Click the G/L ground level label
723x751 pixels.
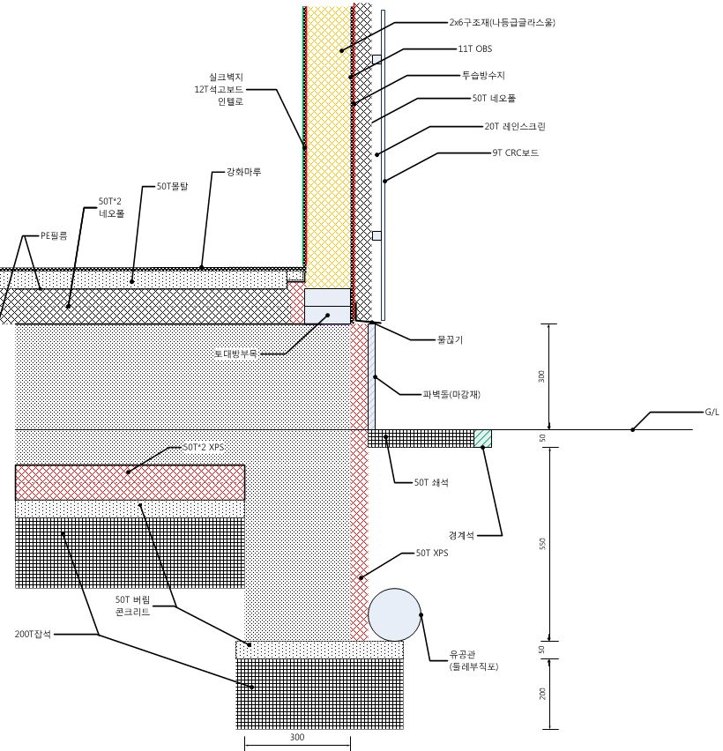coord(711,412)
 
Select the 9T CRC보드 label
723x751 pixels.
coord(515,152)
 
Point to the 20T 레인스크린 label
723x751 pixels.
coord(514,126)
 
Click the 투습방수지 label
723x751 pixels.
coord(483,76)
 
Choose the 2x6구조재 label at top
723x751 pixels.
coord(502,23)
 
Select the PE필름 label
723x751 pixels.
coord(54,235)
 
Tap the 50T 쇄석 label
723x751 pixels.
coord(431,482)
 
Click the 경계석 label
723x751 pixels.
coord(461,535)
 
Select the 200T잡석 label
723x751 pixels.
coord(34,634)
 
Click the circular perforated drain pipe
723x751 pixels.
coord(394,614)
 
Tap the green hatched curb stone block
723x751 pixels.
coord(482,438)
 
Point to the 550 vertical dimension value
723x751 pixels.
coord(543,545)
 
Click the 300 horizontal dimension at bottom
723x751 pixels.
coord(296,737)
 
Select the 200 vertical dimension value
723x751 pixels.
coord(543,693)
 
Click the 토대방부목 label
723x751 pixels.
coord(235,353)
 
